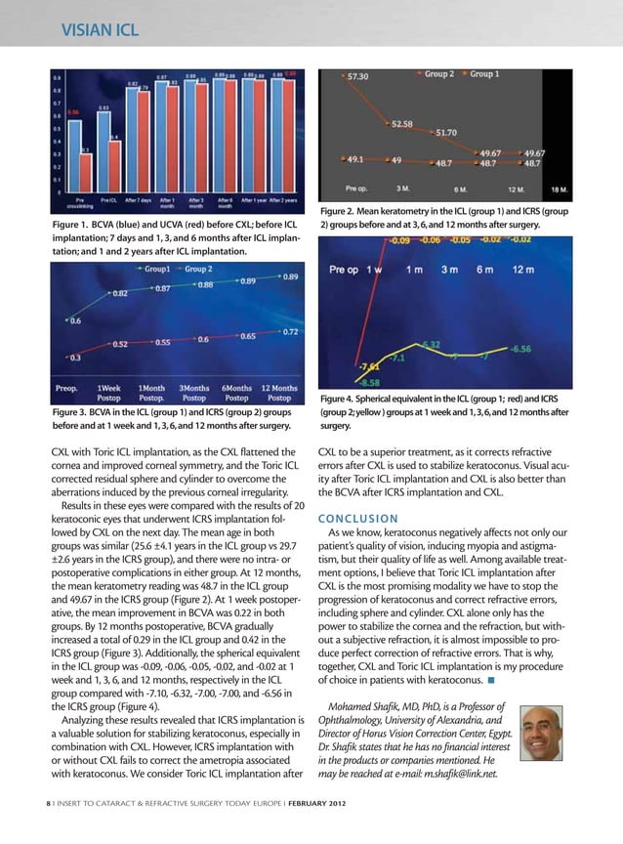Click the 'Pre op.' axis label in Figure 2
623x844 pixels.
[357, 188]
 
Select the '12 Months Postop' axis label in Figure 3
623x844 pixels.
[279, 393]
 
